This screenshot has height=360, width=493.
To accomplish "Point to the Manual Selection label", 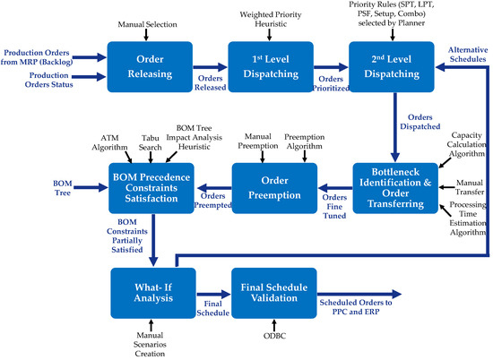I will click(145, 20).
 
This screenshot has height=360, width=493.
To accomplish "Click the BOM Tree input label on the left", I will click(24, 187).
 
